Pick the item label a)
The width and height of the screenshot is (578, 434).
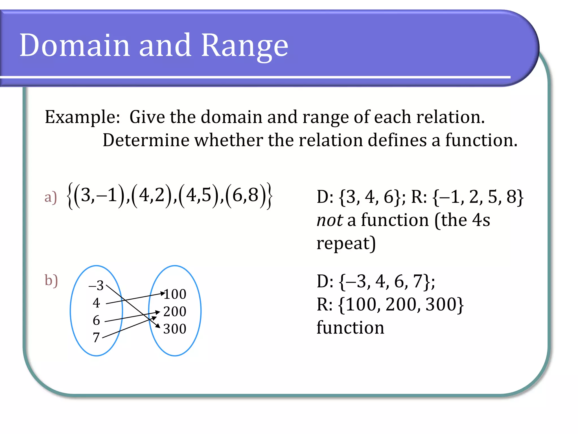(x=51, y=197)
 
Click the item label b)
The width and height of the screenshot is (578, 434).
(x=51, y=281)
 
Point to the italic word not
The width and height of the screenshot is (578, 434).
(x=329, y=220)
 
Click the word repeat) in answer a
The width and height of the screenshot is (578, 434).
(x=346, y=243)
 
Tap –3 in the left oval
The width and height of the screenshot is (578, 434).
(x=96, y=285)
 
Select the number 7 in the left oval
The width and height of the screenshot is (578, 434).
(x=96, y=337)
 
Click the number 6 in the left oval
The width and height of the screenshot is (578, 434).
(x=96, y=320)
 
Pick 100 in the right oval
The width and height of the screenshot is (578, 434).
(x=175, y=294)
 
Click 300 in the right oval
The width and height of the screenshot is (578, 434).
(x=175, y=329)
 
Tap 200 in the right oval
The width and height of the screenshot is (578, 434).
(x=175, y=312)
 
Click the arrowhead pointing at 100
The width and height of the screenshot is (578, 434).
(x=163, y=293)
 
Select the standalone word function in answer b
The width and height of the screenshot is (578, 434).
(x=350, y=328)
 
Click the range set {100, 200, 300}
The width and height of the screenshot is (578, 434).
(x=401, y=305)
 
